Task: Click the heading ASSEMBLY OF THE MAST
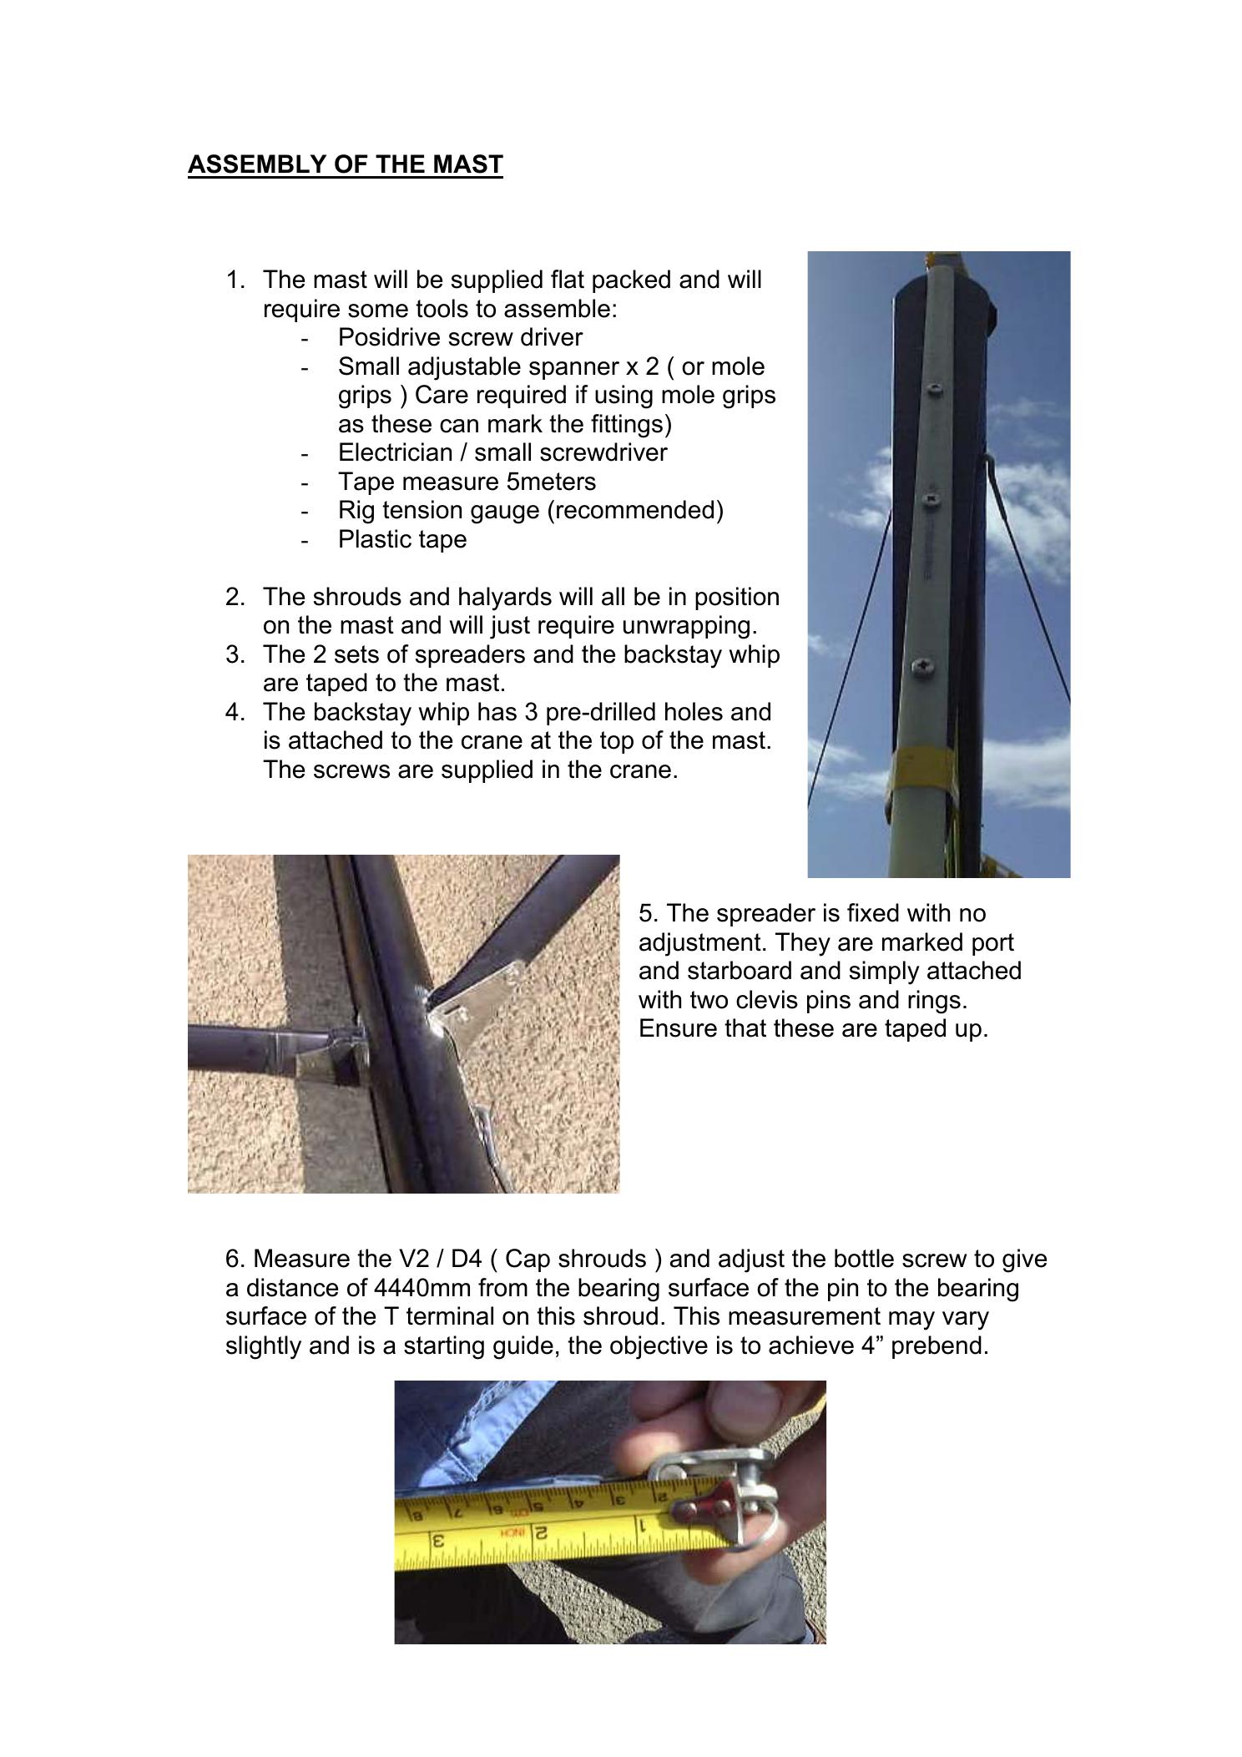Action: point(345,164)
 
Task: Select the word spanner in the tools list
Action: point(562,366)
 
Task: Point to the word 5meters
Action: point(551,482)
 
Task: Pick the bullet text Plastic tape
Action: point(402,539)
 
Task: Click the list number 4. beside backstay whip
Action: point(235,712)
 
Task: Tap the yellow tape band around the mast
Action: point(918,766)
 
